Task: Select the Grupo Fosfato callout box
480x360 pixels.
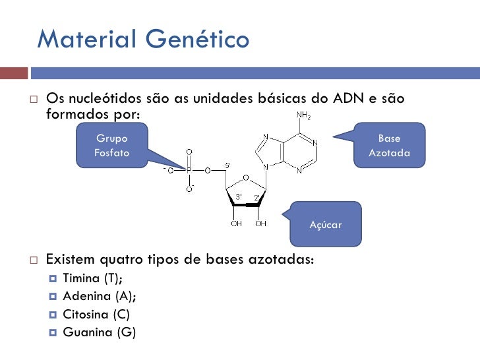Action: (x=112, y=146)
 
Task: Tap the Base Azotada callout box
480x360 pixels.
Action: (x=389, y=146)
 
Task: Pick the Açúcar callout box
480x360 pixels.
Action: (x=326, y=225)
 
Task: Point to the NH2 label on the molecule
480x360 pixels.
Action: (x=304, y=116)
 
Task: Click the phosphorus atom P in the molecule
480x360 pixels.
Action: (x=189, y=170)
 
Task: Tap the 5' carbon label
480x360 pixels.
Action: (x=227, y=164)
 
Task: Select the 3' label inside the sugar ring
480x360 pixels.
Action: (x=239, y=196)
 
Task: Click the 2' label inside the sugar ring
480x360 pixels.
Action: (x=256, y=196)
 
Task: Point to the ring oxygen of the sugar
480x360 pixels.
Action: (x=245, y=177)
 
